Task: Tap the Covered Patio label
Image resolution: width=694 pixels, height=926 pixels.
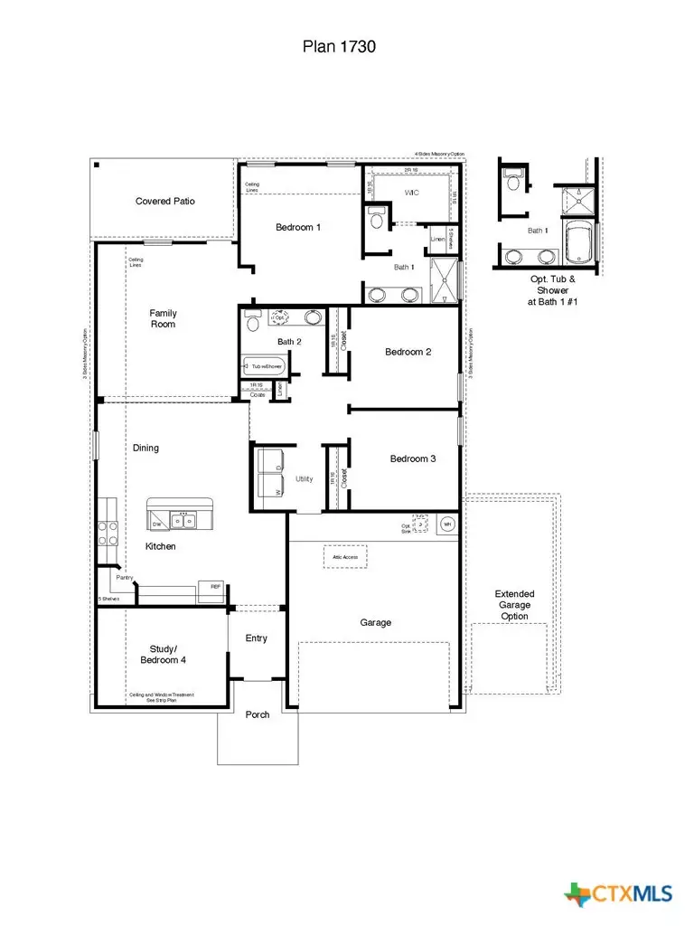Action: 164,201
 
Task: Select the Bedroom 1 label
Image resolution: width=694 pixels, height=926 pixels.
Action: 298,227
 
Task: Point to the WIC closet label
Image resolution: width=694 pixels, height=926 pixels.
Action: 411,193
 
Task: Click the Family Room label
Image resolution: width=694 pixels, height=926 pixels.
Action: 163,318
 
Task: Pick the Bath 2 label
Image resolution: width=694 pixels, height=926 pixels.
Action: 289,342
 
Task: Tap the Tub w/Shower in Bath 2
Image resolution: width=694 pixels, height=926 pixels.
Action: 264,366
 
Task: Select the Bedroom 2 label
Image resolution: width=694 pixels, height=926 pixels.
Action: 408,352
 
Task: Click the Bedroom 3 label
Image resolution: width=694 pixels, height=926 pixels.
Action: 413,458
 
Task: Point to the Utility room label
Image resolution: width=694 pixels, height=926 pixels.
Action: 305,478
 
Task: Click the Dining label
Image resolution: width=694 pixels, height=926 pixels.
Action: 145,448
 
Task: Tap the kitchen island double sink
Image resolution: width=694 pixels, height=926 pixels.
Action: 183,521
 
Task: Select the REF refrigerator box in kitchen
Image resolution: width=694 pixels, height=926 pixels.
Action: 214,588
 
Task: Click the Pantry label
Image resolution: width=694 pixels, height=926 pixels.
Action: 124,577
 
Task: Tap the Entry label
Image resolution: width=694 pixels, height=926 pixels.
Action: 257,638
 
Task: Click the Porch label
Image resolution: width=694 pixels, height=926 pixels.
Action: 258,714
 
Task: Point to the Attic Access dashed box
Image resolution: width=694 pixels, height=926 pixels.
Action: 345,557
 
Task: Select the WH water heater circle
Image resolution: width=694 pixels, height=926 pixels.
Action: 446,524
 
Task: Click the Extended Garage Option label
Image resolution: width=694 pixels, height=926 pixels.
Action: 513,605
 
